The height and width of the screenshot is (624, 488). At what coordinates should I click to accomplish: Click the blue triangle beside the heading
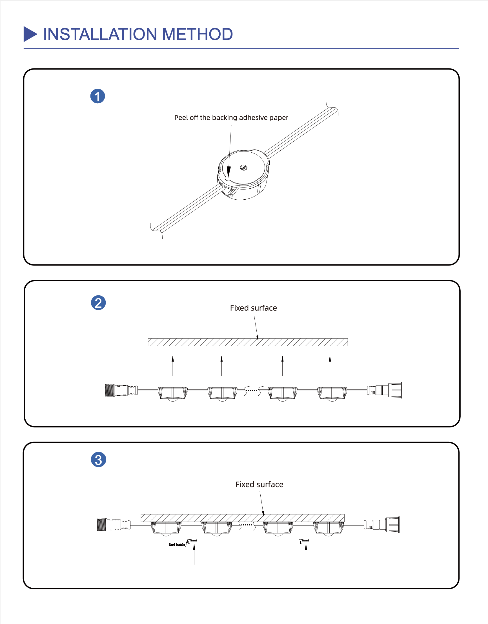click(x=30, y=34)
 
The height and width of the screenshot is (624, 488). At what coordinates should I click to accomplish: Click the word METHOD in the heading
click(x=197, y=34)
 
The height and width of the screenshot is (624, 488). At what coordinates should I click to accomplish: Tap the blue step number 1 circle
click(x=97, y=96)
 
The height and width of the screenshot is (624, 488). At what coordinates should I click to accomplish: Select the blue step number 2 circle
click(x=98, y=303)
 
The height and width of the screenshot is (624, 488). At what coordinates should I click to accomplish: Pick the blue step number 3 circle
click(x=98, y=460)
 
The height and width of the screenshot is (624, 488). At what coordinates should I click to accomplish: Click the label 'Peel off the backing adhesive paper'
click(x=231, y=118)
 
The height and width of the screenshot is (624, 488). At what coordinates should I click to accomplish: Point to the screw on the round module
click(x=243, y=168)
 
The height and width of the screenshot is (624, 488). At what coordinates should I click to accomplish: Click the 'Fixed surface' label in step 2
click(x=253, y=308)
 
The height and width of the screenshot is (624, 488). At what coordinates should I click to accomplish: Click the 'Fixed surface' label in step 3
click(x=259, y=485)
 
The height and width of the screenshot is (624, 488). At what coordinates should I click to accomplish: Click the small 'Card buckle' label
click(x=177, y=545)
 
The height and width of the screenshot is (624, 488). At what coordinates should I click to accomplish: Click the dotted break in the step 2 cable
click(x=252, y=390)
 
